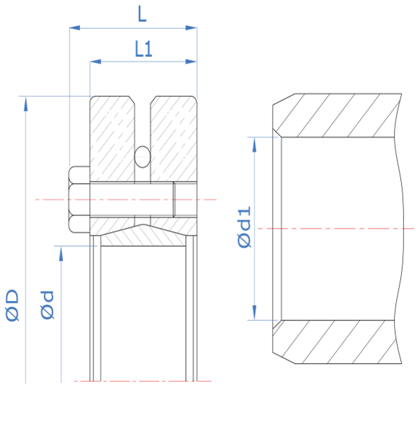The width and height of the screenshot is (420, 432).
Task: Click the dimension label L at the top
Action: [142, 14]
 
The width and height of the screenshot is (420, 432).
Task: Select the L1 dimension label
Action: [144, 49]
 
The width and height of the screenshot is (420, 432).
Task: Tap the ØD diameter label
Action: [12, 305]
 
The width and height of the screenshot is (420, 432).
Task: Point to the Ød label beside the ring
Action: [47, 305]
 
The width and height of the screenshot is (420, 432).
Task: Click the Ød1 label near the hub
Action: [244, 227]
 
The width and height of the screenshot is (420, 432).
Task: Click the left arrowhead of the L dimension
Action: [74, 28]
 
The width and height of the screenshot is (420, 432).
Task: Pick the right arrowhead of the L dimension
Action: [191, 28]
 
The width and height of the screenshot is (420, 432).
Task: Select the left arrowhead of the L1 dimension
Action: [95, 62]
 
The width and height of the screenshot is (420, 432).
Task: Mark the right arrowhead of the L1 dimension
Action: [191, 62]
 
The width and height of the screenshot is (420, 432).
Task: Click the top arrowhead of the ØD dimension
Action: [26, 104]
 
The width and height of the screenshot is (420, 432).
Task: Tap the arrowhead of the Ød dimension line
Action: [61, 253]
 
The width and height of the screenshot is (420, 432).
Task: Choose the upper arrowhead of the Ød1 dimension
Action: [255, 144]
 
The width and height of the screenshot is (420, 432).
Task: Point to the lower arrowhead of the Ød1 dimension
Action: [255, 313]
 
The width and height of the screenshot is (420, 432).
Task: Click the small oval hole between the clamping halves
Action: [142, 157]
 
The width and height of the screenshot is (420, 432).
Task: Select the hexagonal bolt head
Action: [79, 199]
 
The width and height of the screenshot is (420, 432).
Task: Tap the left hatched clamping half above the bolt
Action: [112, 139]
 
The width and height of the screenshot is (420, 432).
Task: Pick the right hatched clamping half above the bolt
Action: [174, 139]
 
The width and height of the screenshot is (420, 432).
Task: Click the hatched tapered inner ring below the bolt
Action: [143, 236]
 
